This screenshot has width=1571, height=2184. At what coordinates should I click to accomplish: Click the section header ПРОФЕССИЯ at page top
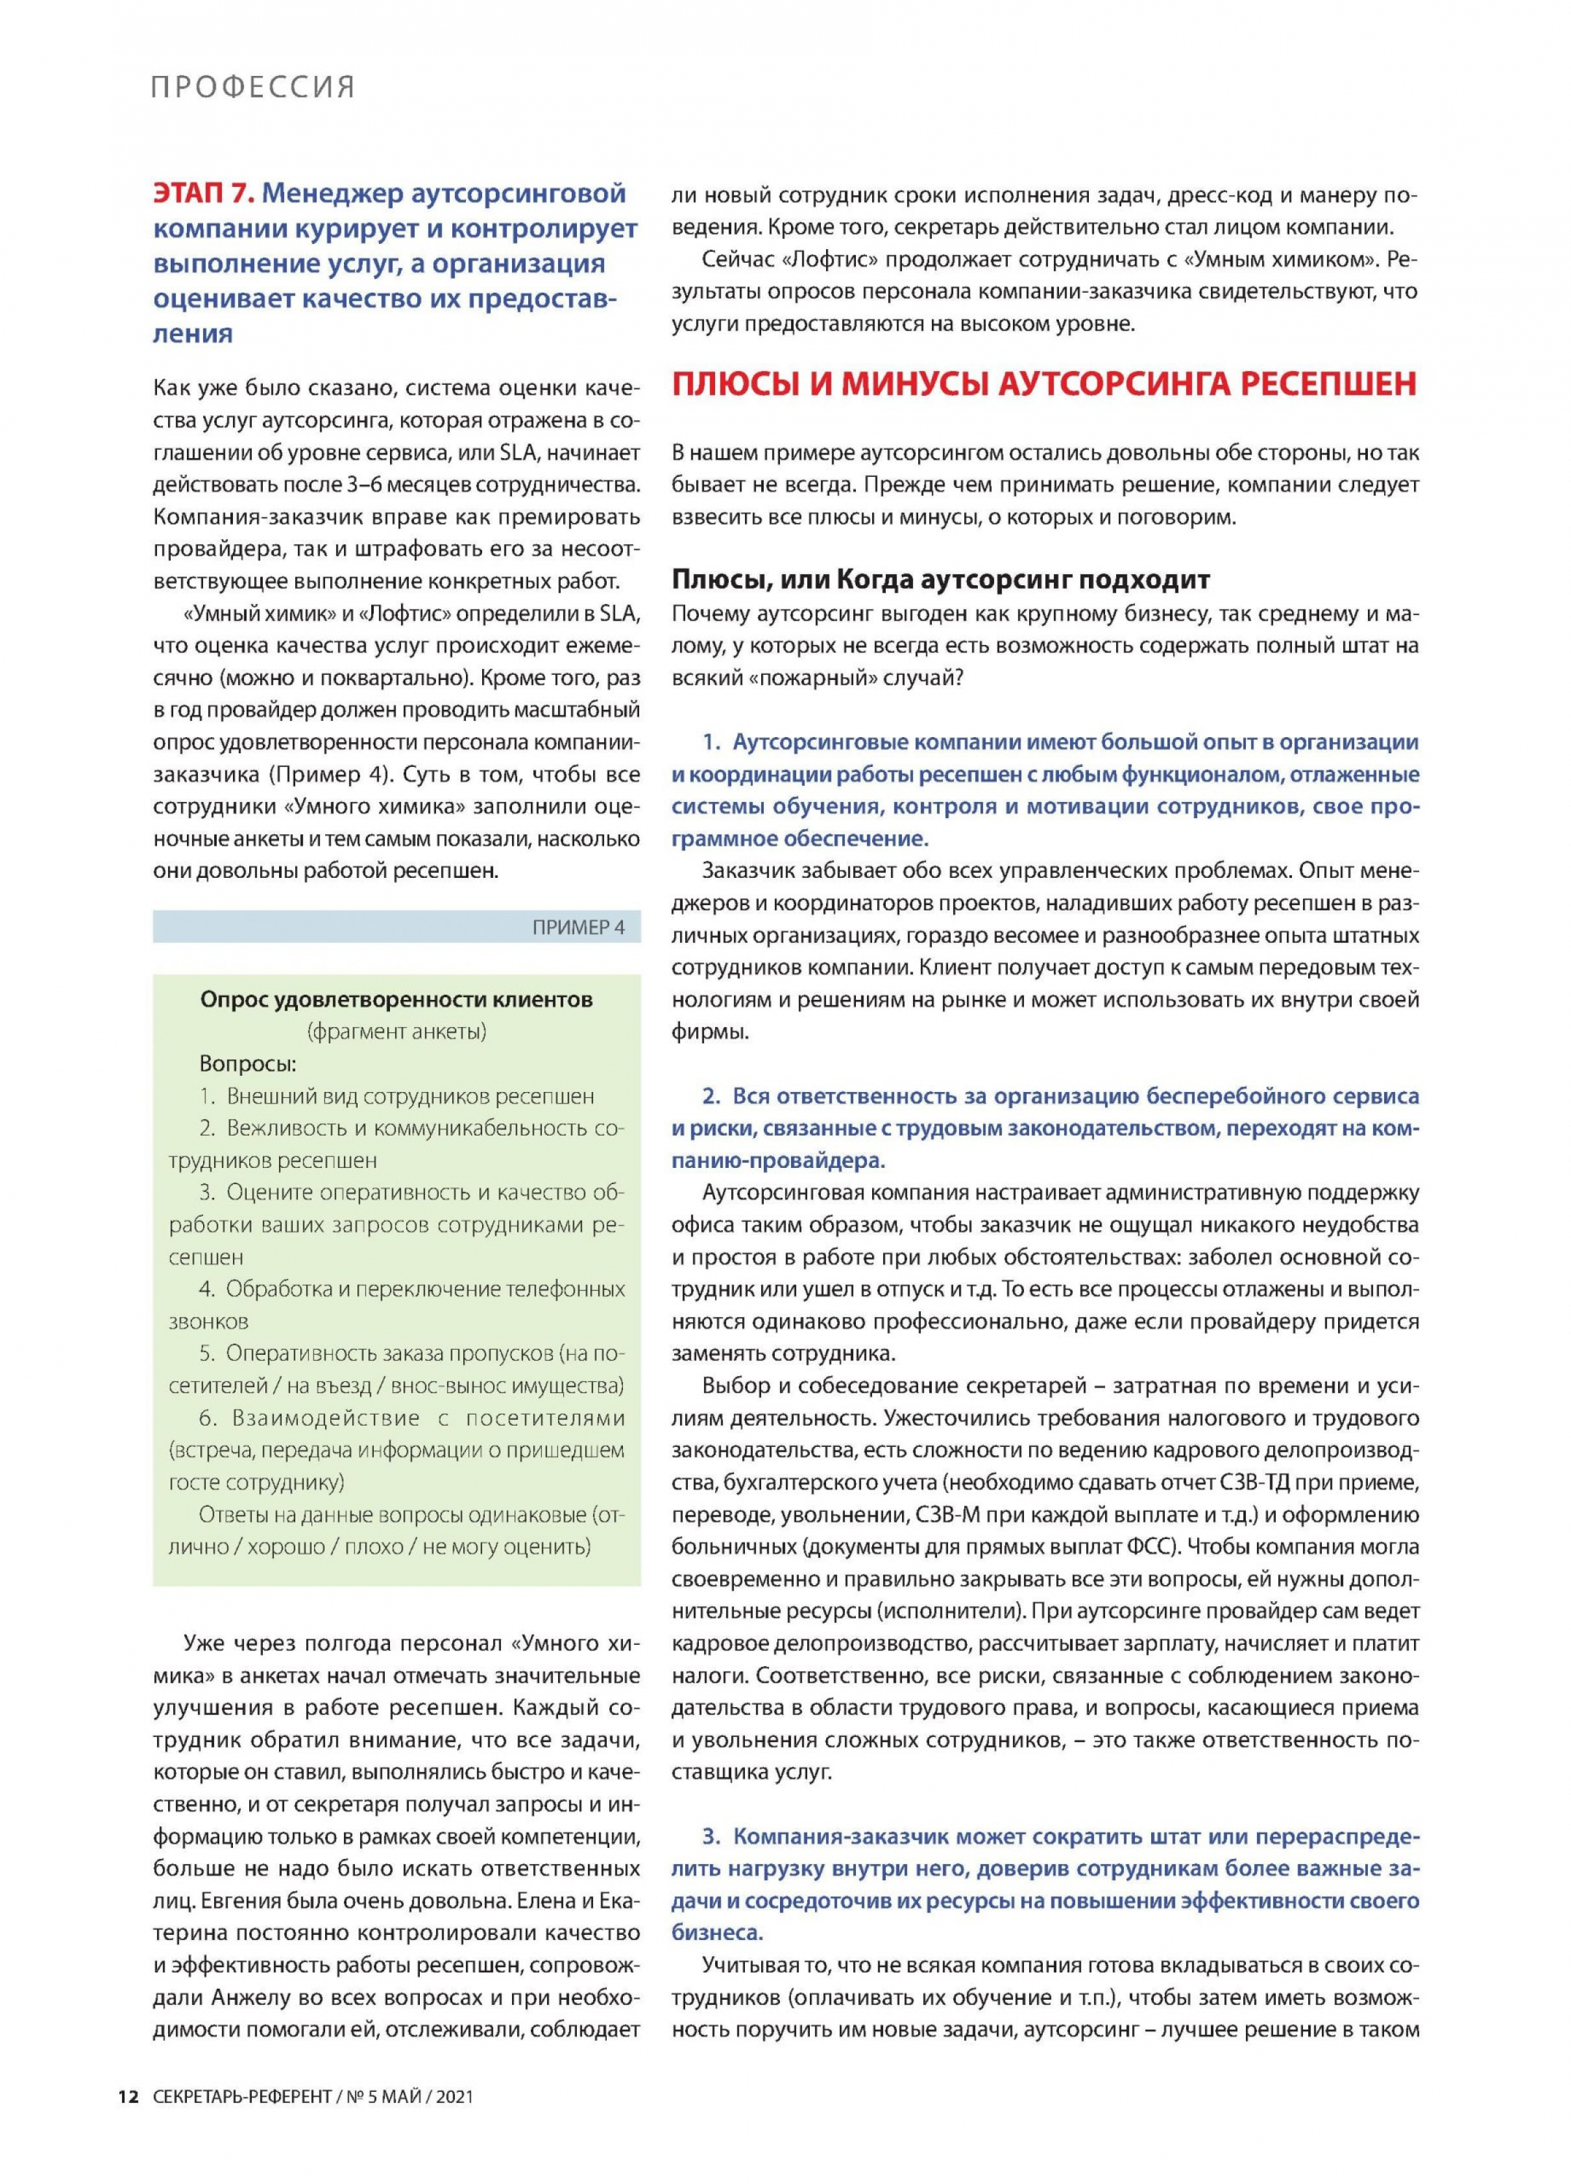coord(252,88)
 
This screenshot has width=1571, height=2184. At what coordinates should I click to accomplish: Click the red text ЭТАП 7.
coord(202,193)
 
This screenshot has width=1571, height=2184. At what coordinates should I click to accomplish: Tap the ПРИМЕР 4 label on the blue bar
coord(578,927)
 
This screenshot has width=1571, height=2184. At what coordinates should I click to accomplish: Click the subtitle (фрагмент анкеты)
coord(396,1032)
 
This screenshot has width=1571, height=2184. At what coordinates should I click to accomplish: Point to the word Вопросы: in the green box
coord(247,1064)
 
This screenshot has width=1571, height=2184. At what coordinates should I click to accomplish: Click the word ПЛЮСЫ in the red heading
coord(730,384)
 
